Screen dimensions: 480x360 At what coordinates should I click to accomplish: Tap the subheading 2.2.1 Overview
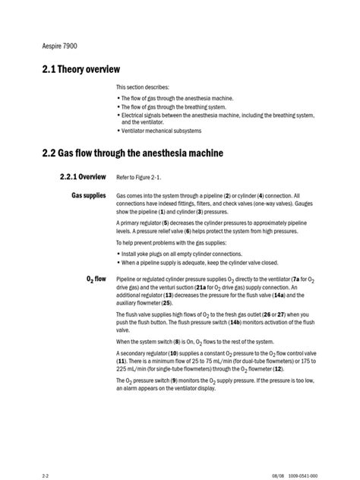[x=82, y=176]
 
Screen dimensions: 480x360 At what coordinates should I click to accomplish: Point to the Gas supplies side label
[x=89, y=195]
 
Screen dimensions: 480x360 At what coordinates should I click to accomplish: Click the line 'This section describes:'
[x=143, y=87]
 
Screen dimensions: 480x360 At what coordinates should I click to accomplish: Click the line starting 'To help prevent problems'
[x=166, y=243]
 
